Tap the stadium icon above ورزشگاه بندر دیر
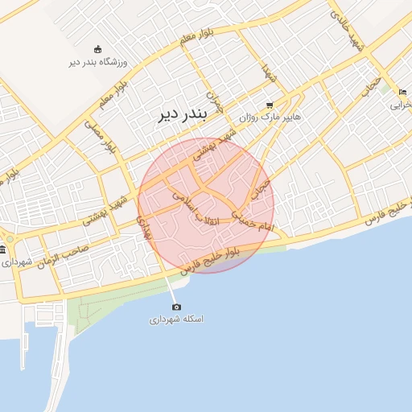(98, 49)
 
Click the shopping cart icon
(270, 105)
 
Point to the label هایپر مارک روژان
(269, 117)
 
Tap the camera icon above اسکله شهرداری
(176, 307)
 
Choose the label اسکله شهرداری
(176, 319)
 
